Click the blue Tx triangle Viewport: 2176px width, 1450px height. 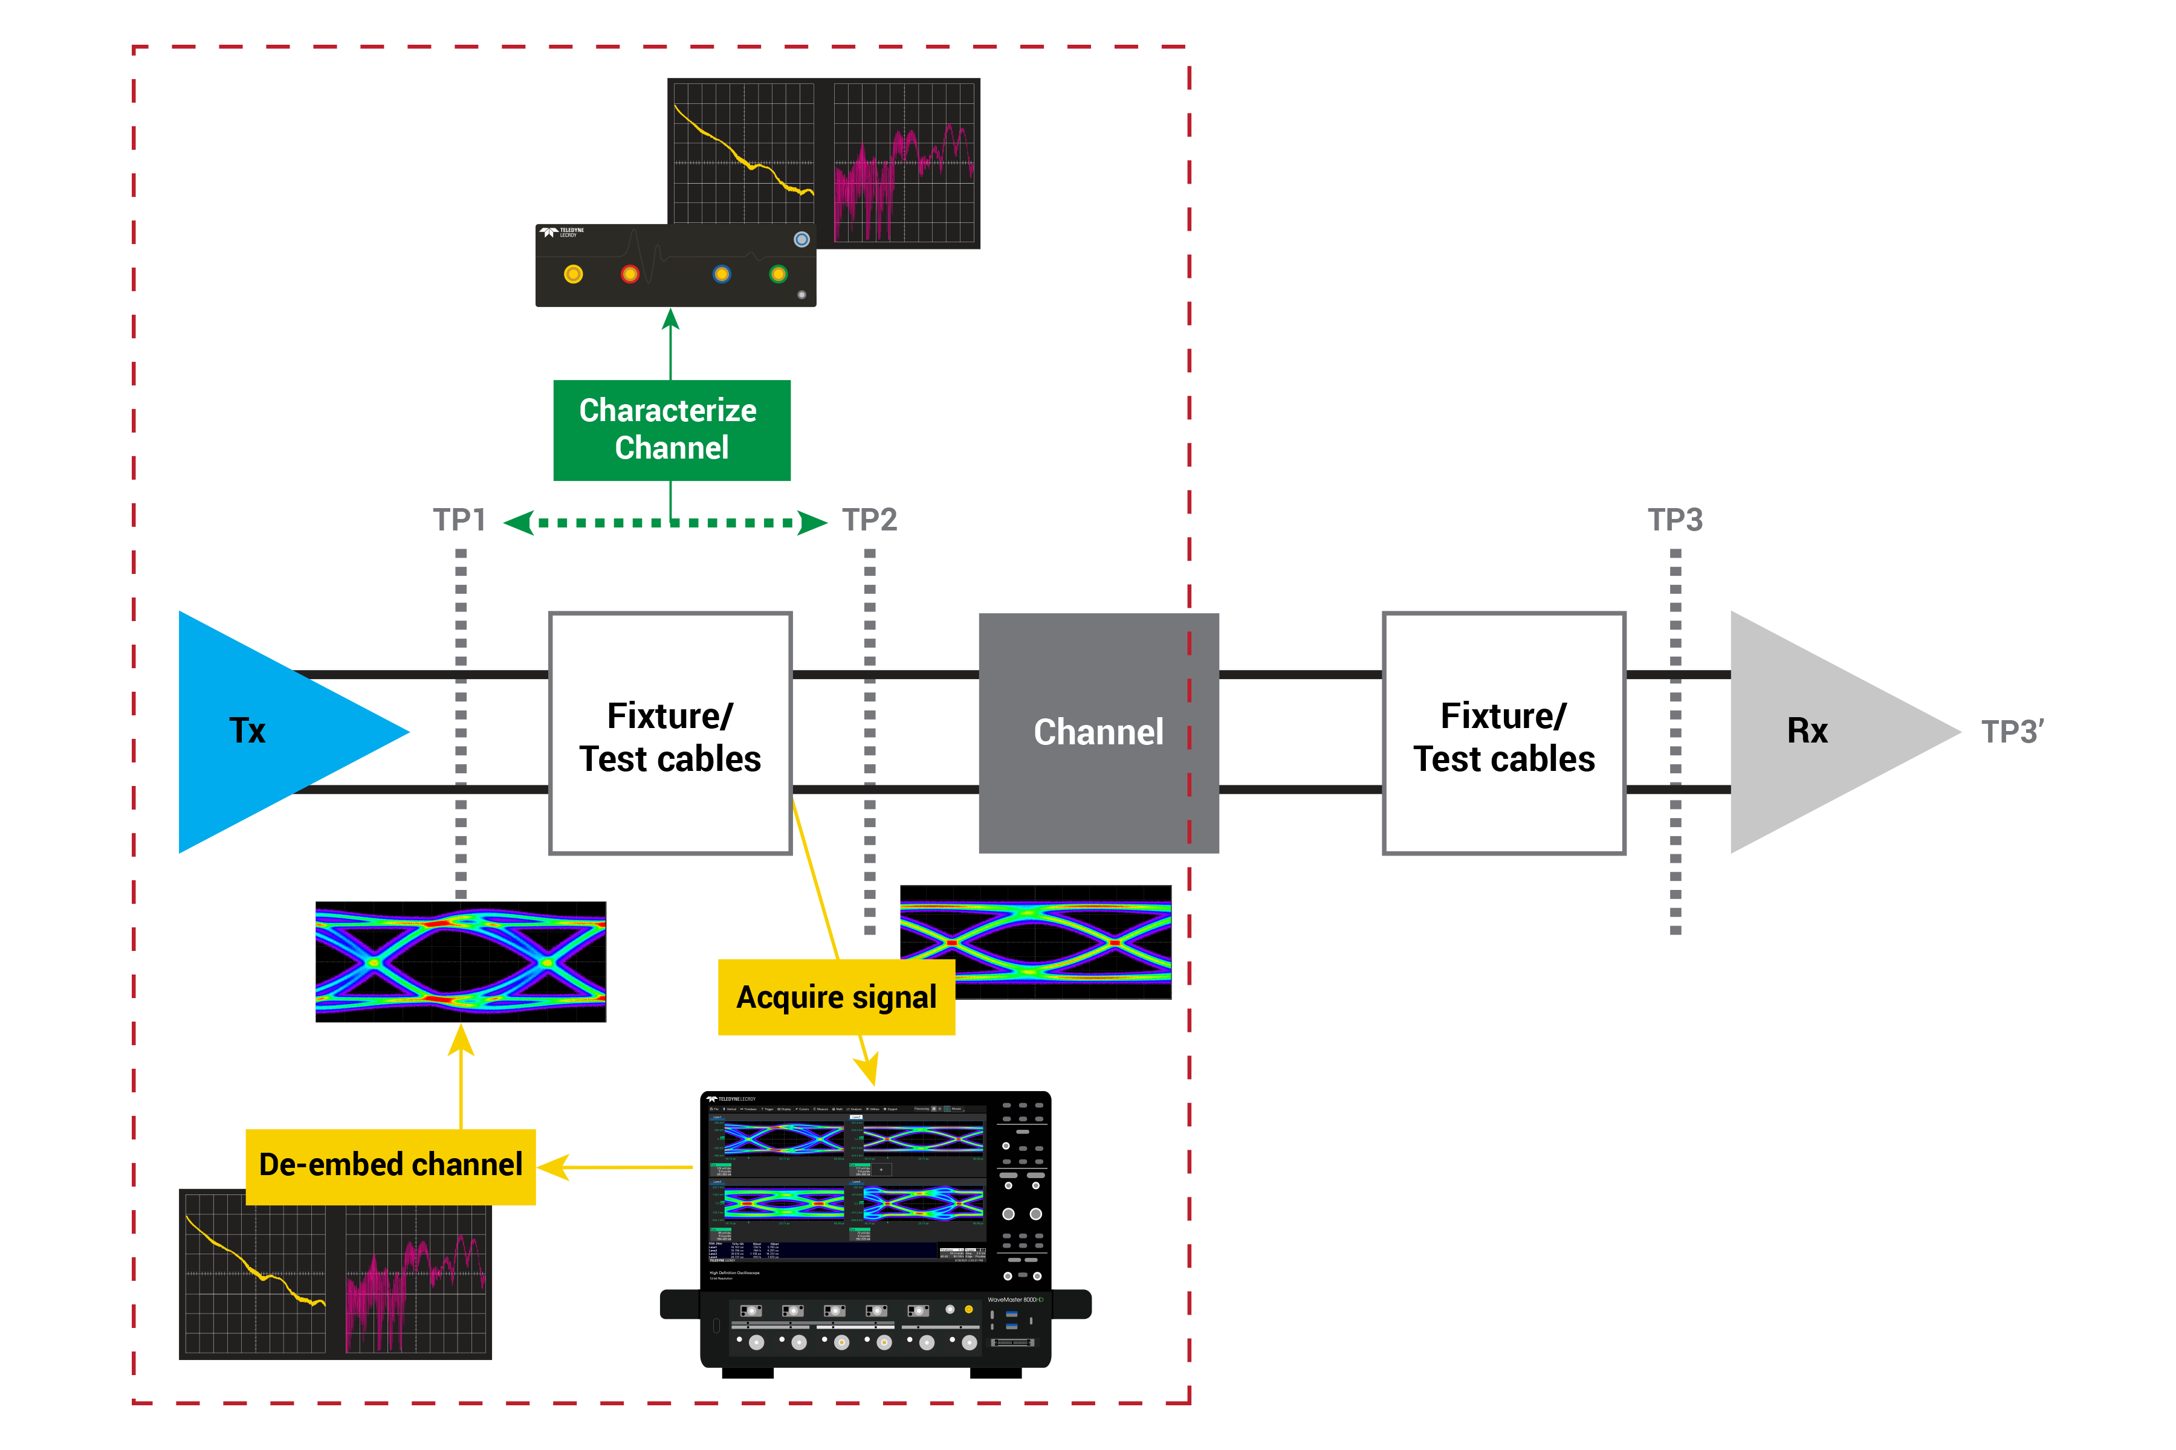tap(268, 732)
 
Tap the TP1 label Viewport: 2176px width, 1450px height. tap(459, 520)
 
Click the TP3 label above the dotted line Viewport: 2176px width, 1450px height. tap(1674, 520)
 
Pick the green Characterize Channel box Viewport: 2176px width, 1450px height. tap(672, 430)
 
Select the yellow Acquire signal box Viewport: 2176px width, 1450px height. tap(835, 997)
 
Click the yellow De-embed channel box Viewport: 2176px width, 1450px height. tap(390, 1165)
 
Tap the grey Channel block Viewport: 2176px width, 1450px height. tap(1098, 732)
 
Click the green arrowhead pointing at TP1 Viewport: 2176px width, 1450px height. tap(518, 523)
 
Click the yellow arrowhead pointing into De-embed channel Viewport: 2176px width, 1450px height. tap(553, 1167)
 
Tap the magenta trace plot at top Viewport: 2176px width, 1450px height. tap(903, 163)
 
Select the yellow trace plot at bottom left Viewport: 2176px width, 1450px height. tap(255, 1274)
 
